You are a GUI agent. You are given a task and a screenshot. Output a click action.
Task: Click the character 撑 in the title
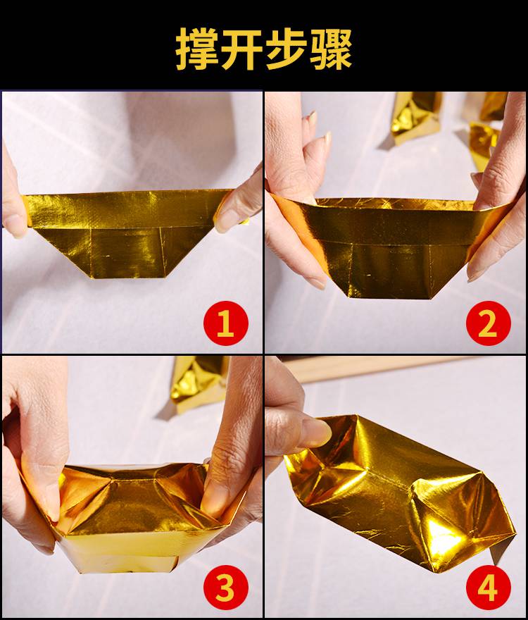click(198, 48)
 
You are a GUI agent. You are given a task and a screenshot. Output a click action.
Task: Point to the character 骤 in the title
click(329, 48)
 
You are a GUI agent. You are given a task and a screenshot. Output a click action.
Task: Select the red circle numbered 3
click(226, 588)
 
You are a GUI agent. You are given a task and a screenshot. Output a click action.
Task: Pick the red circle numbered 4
click(489, 588)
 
